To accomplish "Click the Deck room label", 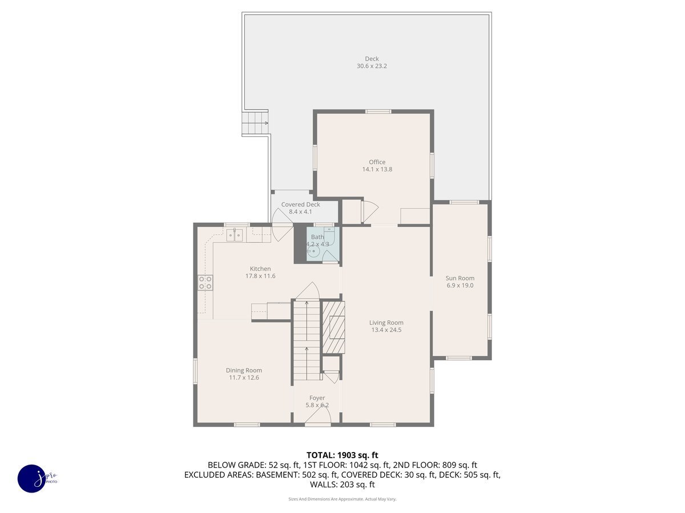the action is (x=372, y=59).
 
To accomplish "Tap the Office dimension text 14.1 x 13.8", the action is (x=377, y=169).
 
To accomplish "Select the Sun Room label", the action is (x=460, y=278).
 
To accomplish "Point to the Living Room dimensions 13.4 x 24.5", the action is (x=386, y=329).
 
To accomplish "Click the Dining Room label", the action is (x=244, y=370).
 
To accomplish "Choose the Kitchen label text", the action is (x=260, y=268).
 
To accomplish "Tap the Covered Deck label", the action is (x=300, y=204).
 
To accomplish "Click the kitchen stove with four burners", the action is (x=205, y=283).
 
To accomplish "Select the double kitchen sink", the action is (x=235, y=235).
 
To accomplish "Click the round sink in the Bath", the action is (x=313, y=252).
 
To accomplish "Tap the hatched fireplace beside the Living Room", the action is (x=333, y=327).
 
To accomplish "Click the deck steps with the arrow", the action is (x=255, y=123).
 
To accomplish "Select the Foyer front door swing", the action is (x=318, y=416).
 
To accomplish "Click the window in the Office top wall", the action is (x=378, y=112).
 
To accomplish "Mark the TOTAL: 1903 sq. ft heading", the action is (x=342, y=455).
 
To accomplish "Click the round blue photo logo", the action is (x=32, y=478).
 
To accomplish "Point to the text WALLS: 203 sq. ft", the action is (x=342, y=484).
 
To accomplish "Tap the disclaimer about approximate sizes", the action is (x=342, y=499).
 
